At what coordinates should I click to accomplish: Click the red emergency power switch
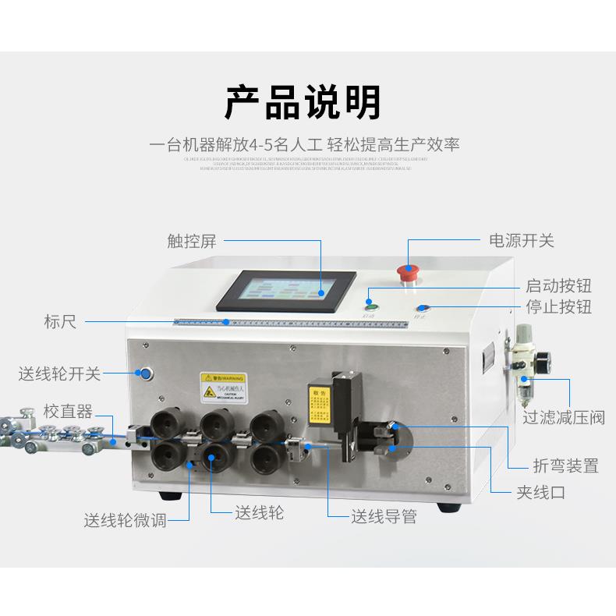pos(408,272)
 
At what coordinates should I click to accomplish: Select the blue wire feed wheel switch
pos(145,373)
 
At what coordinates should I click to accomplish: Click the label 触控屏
pos(191,241)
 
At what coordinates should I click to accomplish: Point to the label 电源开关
pos(521,241)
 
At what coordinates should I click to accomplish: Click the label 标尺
pos(60,321)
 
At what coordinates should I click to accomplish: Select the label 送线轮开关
pos(60,373)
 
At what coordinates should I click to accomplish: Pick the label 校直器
pos(68,411)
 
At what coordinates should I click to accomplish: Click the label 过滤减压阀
pos(564,418)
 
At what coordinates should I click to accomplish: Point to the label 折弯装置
pos(566,466)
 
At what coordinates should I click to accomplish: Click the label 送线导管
pos(384,516)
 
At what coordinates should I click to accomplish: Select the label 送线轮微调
pos(125,521)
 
